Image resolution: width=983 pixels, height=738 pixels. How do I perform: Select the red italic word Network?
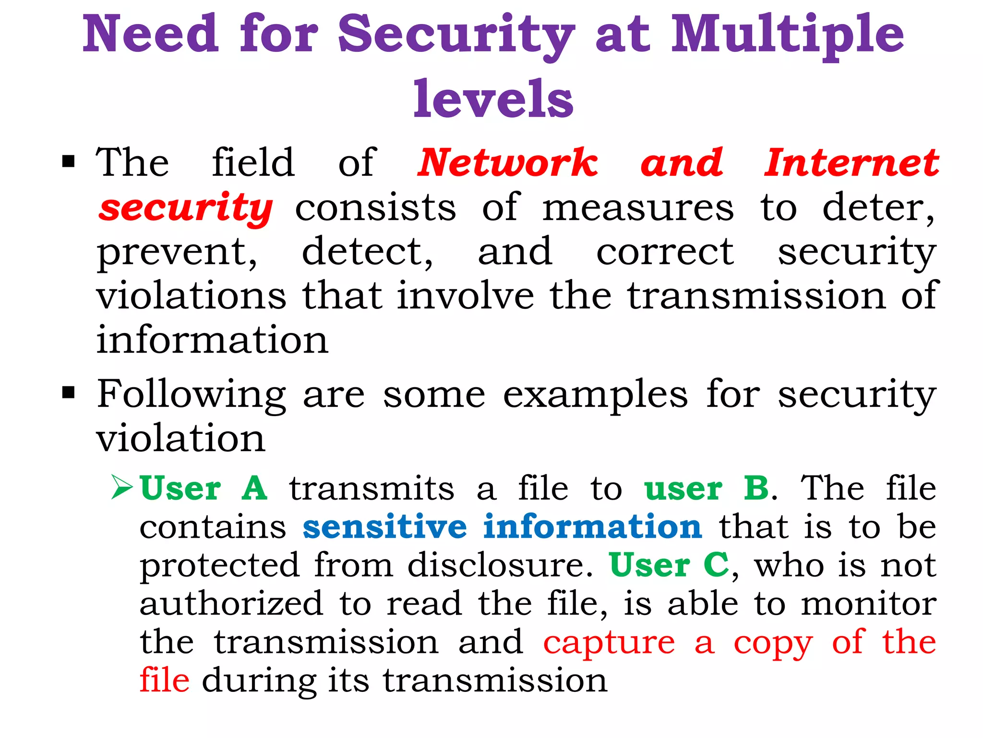click(x=508, y=163)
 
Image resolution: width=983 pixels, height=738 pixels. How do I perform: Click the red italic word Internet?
click(x=851, y=163)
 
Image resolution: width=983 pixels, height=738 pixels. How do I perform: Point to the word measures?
click(x=638, y=208)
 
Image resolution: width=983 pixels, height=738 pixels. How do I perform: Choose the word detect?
click(x=367, y=252)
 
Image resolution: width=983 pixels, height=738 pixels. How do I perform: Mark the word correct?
click(x=665, y=252)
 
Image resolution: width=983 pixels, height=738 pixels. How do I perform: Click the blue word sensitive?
click(x=384, y=527)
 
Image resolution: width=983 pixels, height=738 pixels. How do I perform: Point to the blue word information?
click(x=593, y=527)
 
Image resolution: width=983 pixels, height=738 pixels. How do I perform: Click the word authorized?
click(x=231, y=603)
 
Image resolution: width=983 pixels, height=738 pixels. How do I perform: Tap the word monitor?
click(x=869, y=603)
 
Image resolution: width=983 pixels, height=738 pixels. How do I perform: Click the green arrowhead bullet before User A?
click(x=122, y=488)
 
